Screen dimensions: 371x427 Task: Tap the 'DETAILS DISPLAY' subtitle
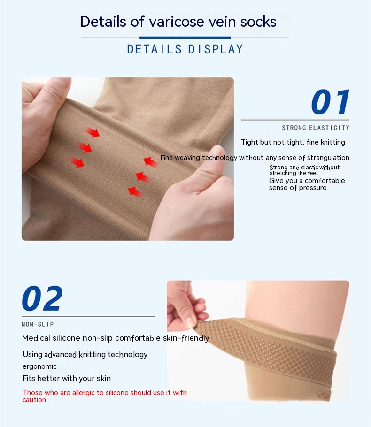(x=185, y=49)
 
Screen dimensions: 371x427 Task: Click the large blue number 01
(x=330, y=102)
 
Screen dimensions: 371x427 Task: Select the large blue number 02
(x=42, y=298)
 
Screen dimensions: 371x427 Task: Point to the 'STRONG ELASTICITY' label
(x=316, y=128)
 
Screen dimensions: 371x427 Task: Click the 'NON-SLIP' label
(x=38, y=324)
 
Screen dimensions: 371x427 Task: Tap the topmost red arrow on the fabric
(x=93, y=132)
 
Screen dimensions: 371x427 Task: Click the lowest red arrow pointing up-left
(x=135, y=192)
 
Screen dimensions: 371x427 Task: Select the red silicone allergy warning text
(x=105, y=396)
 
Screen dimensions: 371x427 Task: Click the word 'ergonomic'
(x=39, y=366)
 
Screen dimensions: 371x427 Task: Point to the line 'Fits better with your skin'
(x=67, y=379)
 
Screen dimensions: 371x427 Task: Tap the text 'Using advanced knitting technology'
(x=85, y=355)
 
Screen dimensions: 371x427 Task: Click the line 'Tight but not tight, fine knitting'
(x=293, y=142)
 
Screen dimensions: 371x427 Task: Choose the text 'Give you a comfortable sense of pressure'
(x=307, y=184)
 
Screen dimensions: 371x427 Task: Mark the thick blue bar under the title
(x=185, y=38)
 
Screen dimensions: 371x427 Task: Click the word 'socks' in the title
(x=258, y=22)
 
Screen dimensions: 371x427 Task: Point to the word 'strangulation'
(x=328, y=158)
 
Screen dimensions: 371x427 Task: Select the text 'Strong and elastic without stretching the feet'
(x=304, y=170)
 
